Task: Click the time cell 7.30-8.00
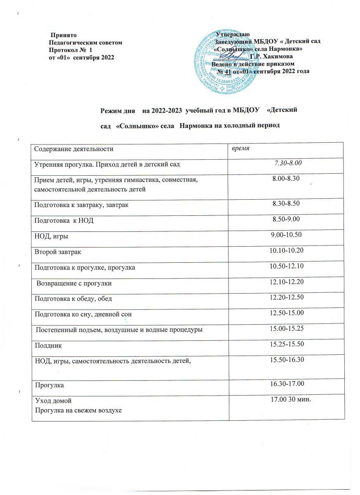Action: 289,164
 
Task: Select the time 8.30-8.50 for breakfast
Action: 287,204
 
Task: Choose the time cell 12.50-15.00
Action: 287,314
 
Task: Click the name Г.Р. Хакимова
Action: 269,56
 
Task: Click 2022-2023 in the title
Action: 163,111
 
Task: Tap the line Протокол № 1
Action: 70,49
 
